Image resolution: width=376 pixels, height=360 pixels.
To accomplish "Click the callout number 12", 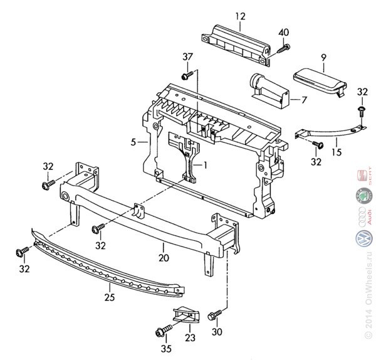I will tap(241, 16).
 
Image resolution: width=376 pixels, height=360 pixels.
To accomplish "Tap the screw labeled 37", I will tap(186, 76).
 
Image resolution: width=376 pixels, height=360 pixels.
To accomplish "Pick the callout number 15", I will tap(337, 151).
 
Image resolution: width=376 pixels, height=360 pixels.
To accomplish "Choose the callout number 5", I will tap(133, 142).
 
